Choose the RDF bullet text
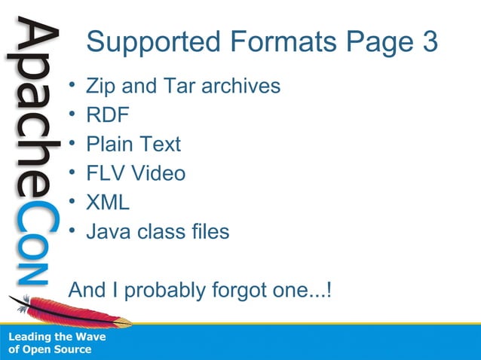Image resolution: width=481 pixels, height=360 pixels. (x=108, y=115)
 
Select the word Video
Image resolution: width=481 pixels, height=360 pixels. (x=158, y=173)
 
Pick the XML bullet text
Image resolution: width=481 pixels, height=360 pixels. (x=108, y=202)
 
